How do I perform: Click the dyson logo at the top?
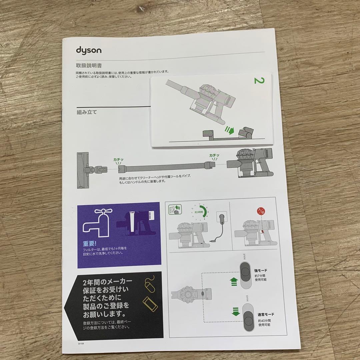89,51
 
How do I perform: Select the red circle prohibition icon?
261,211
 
